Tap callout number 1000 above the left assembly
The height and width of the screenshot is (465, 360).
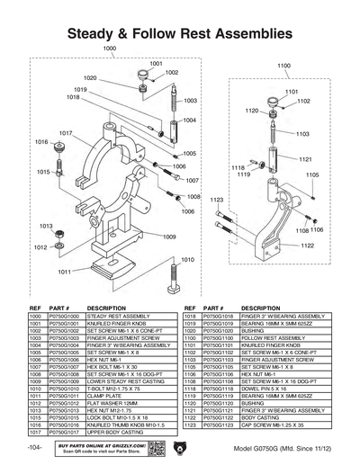[x=109, y=47]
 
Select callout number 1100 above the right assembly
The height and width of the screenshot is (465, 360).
[x=283, y=67]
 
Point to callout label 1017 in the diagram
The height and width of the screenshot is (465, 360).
[x=66, y=132]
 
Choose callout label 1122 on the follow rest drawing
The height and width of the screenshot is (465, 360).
[x=307, y=245]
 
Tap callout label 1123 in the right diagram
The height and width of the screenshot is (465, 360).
[x=217, y=199]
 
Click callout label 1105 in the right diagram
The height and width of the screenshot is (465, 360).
[x=311, y=175]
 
